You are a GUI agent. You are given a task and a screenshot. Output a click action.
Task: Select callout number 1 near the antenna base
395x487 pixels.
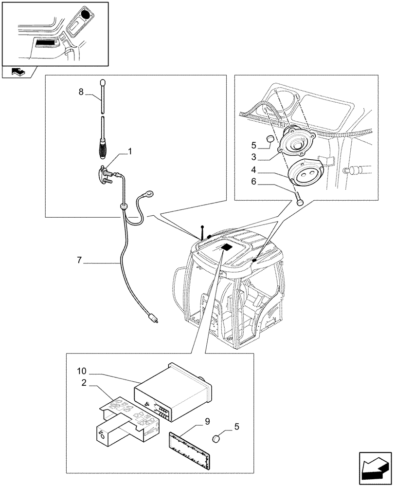(130, 152)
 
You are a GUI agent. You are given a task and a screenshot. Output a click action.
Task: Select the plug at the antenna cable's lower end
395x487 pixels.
(154, 319)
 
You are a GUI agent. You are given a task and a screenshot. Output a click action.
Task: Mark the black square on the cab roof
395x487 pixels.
(227, 248)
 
